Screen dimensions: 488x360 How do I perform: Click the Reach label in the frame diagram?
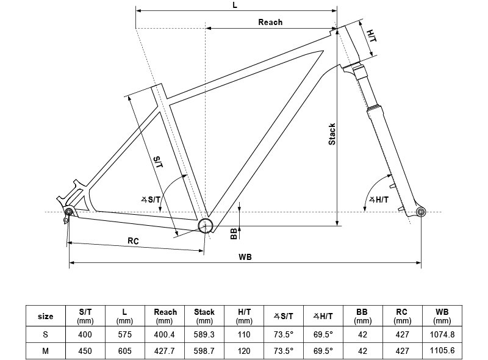[x=270, y=22]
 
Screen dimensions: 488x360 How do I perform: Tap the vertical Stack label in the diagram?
[x=332, y=134]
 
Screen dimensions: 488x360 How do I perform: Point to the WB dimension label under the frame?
[x=245, y=257]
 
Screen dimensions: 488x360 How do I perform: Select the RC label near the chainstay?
[x=133, y=241]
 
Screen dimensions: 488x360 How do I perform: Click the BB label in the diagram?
[x=234, y=233]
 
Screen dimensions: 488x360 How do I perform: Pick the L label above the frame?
[x=235, y=5]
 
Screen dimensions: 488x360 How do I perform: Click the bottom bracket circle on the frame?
[x=206, y=225]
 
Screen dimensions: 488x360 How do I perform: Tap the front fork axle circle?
[x=421, y=212]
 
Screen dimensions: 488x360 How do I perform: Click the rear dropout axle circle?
[x=69, y=212]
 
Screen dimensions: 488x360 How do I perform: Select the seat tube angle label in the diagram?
[x=151, y=200]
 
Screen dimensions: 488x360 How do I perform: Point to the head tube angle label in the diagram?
[x=379, y=200]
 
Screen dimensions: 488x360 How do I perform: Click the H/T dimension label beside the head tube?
[x=371, y=36]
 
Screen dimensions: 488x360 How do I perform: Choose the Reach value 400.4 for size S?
[x=164, y=334]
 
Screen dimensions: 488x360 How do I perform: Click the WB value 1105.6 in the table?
[x=442, y=351]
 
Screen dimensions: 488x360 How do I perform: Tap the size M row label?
[x=45, y=351]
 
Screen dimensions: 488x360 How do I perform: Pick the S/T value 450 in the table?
[x=85, y=351]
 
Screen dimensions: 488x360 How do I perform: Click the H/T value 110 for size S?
[x=243, y=334]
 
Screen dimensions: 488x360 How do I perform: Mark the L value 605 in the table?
[x=125, y=351]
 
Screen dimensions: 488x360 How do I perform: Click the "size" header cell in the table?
[x=45, y=317]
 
